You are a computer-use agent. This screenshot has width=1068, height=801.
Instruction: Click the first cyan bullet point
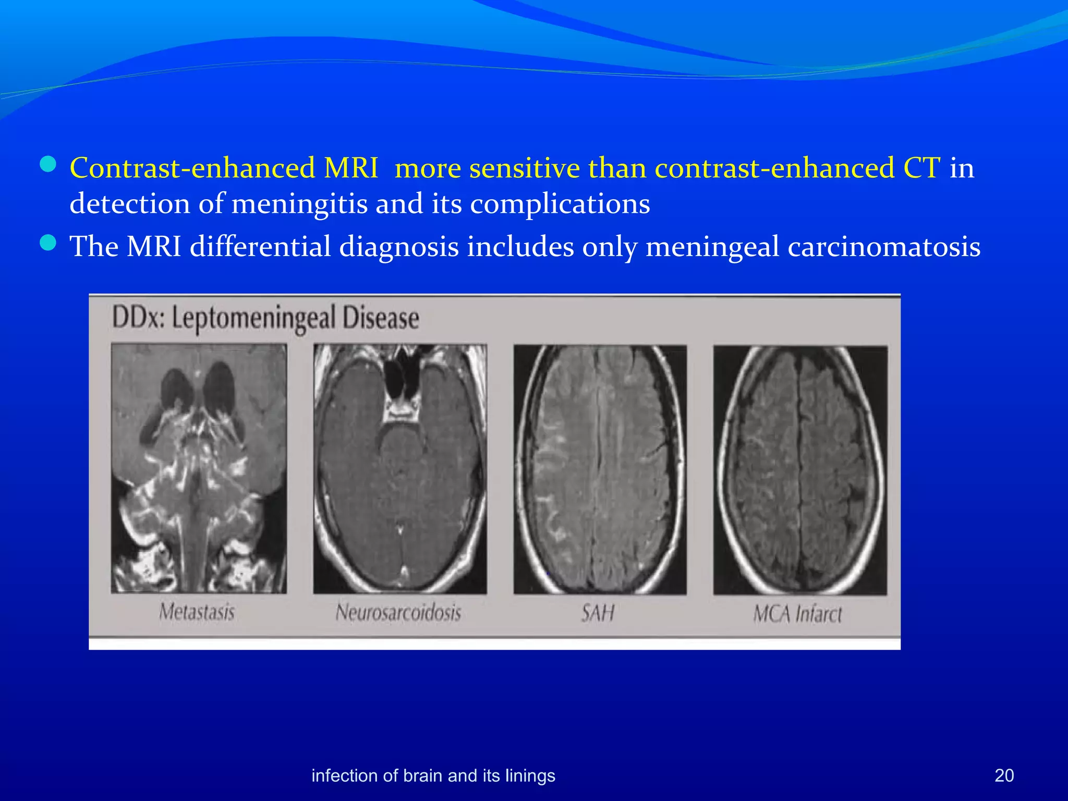(x=48, y=165)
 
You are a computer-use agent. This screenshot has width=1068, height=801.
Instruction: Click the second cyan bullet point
(x=48, y=243)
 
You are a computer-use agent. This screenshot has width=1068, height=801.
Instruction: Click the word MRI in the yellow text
(x=350, y=168)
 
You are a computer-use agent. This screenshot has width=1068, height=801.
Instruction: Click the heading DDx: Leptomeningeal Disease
(x=265, y=318)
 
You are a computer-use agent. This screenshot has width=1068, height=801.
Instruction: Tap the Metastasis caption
(x=197, y=612)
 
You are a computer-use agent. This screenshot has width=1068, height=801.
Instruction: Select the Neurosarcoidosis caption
(x=398, y=612)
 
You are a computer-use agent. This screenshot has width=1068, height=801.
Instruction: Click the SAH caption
(x=598, y=613)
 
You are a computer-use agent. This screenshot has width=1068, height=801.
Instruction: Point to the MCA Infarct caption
(x=797, y=614)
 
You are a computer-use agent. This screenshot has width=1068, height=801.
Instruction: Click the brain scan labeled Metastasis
(x=199, y=468)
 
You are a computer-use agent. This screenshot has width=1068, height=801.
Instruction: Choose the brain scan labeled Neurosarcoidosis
(x=400, y=469)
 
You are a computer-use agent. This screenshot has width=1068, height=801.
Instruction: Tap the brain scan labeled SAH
(x=600, y=469)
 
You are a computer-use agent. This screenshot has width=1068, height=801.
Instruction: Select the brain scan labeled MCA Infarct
(x=800, y=470)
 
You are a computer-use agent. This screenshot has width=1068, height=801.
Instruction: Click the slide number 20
(x=1004, y=775)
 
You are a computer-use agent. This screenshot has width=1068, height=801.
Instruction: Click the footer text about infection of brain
(x=433, y=775)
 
